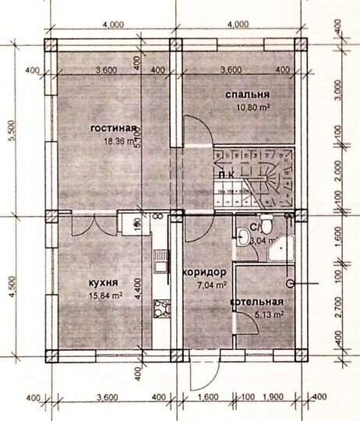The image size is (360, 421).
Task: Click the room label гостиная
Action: [113, 129]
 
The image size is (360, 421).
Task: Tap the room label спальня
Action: [248, 95]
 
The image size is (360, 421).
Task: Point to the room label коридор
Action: [204, 272]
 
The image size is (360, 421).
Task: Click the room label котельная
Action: [257, 302]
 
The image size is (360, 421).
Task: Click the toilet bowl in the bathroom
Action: [266, 226]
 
